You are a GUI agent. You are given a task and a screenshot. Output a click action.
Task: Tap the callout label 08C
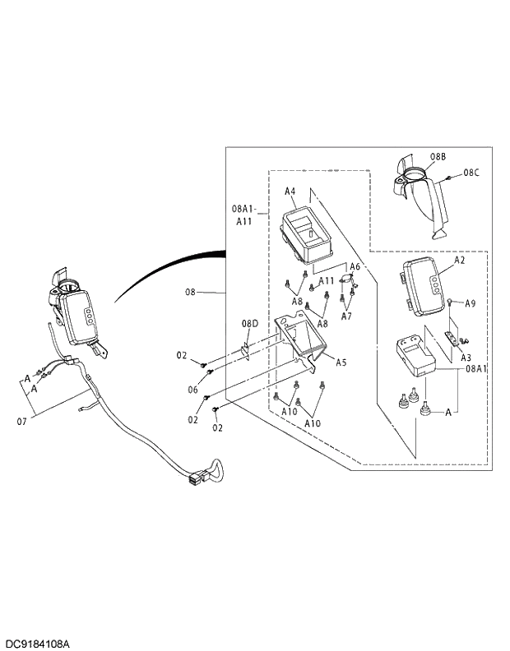tap(471, 173)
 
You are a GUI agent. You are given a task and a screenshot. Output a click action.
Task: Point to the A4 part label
tap(290, 192)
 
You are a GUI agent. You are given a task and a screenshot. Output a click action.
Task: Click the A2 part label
tap(460, 260)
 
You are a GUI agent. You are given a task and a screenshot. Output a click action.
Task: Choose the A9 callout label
tap(470, 303)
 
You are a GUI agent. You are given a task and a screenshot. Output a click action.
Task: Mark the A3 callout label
tap(465, 358)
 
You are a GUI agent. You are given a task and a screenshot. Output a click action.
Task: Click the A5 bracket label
tap(341, 361)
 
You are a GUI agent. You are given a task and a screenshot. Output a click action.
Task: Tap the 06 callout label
tap(192, 390)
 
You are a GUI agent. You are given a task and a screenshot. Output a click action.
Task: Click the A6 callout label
tap(355, 266)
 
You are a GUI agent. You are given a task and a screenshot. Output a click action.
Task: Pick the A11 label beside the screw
tap(327, 281)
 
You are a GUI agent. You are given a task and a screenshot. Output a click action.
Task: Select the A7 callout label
tap(346, 316)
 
